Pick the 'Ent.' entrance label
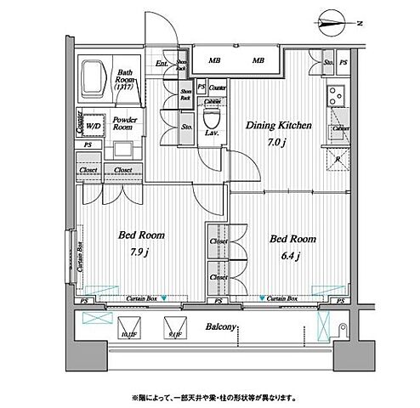click(x=162, y=63)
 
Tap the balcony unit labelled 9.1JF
click(x=174, y=329)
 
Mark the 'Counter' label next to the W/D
click(x=78, y=121)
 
